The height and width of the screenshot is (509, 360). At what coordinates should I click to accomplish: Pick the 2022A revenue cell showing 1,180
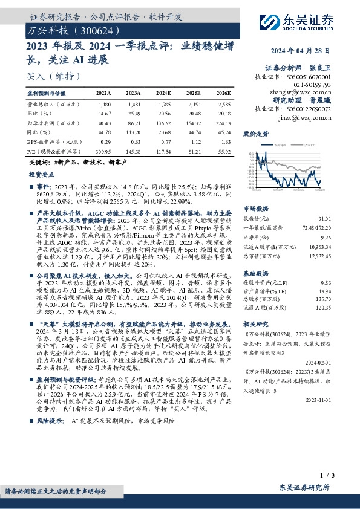click(104, 104)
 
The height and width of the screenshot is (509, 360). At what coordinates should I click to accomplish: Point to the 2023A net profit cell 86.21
click(133, 122)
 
